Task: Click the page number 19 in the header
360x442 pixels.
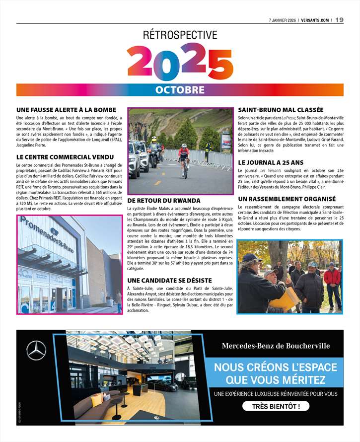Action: pos(339,20)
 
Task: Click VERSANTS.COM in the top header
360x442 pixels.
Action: pos(314,20)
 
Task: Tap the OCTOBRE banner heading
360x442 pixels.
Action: pos(180,90)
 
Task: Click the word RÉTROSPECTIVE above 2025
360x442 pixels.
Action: pos(180,35)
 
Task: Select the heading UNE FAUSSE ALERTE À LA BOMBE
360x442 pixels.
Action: pos(66,110)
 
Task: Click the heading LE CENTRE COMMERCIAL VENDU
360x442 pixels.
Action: pos(65,157)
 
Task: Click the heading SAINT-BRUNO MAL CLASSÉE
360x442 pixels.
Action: pos(281,110)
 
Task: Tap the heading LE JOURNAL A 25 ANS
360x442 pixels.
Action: pos(271,162)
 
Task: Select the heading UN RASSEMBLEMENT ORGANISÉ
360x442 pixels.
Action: pos(287,199)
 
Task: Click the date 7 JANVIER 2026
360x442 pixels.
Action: pos(282,20)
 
